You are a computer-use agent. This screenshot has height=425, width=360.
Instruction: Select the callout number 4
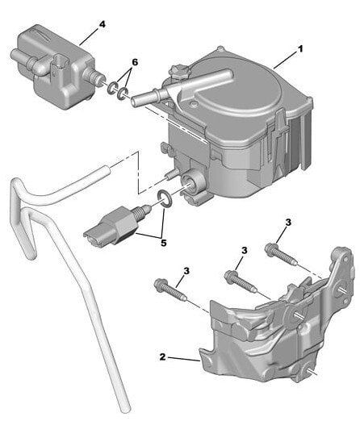pos(102,23)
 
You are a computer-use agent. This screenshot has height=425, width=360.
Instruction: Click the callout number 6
pos(135,61)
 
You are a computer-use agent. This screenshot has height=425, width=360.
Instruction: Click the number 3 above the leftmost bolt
pos(186,270)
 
